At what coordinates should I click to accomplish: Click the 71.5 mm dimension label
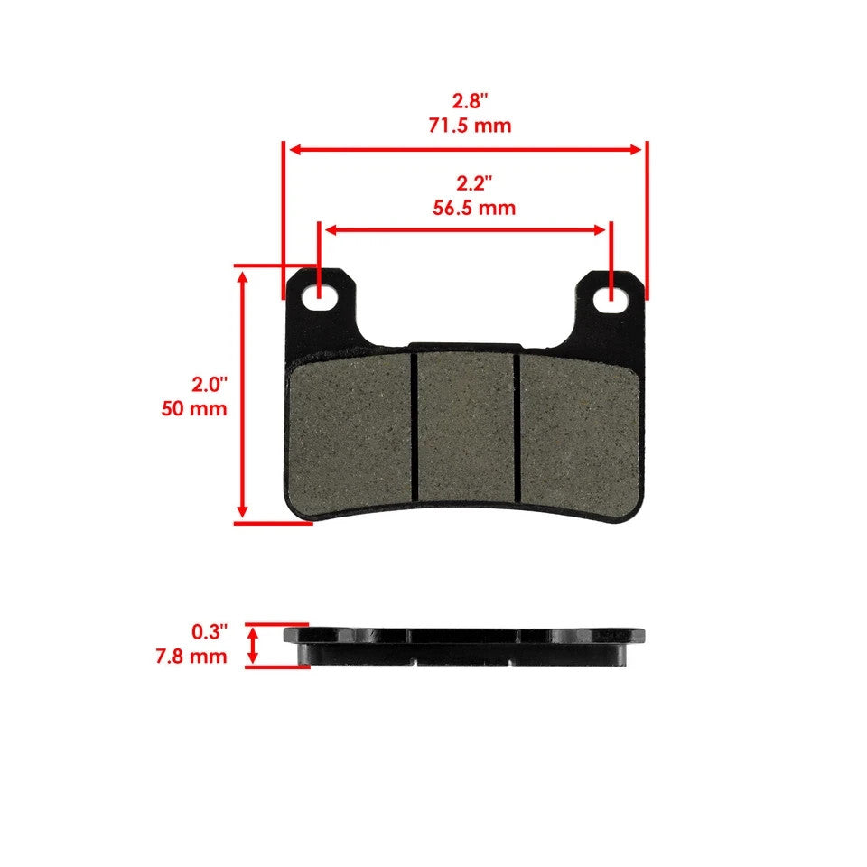click(x=470, y=126)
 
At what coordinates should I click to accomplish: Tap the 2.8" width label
click(x=470, y=99)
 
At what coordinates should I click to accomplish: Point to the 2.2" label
click(x=473, y=183)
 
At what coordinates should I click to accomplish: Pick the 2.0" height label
click(x=209, y=385)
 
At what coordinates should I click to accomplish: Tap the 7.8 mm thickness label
click(x=191, y=657)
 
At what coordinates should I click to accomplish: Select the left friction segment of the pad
click(x=352, y=429)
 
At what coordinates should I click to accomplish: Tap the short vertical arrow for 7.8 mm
click(x=254, y=646)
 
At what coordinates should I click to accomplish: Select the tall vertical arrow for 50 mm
click(x=242, y=393)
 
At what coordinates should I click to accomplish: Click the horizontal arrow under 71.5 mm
click(x=465, y=150)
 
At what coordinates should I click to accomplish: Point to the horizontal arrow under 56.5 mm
click(x=465, y=229)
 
